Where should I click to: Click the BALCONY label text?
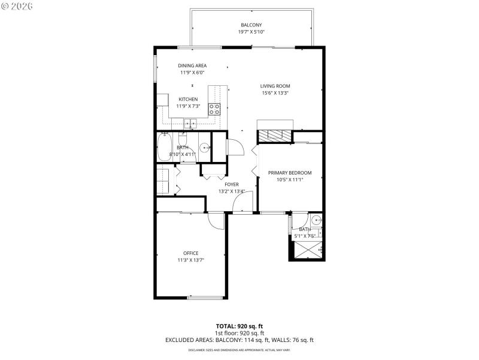251,25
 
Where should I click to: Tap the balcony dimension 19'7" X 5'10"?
251,32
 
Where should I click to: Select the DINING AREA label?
192,65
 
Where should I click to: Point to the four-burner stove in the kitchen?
214,109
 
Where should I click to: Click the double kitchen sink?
190,123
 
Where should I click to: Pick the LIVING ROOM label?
275,86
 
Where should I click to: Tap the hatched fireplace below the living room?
275,136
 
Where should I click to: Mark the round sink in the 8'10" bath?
204,146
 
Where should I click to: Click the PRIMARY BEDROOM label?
290,172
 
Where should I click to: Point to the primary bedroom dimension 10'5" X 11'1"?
290,179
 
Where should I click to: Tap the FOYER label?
231,184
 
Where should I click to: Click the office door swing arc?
215,221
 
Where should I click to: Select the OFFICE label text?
190,253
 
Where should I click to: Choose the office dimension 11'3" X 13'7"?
190,260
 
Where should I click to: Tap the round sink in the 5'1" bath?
316,220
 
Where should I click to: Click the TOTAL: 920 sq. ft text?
239,326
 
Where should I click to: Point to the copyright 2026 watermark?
17,6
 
